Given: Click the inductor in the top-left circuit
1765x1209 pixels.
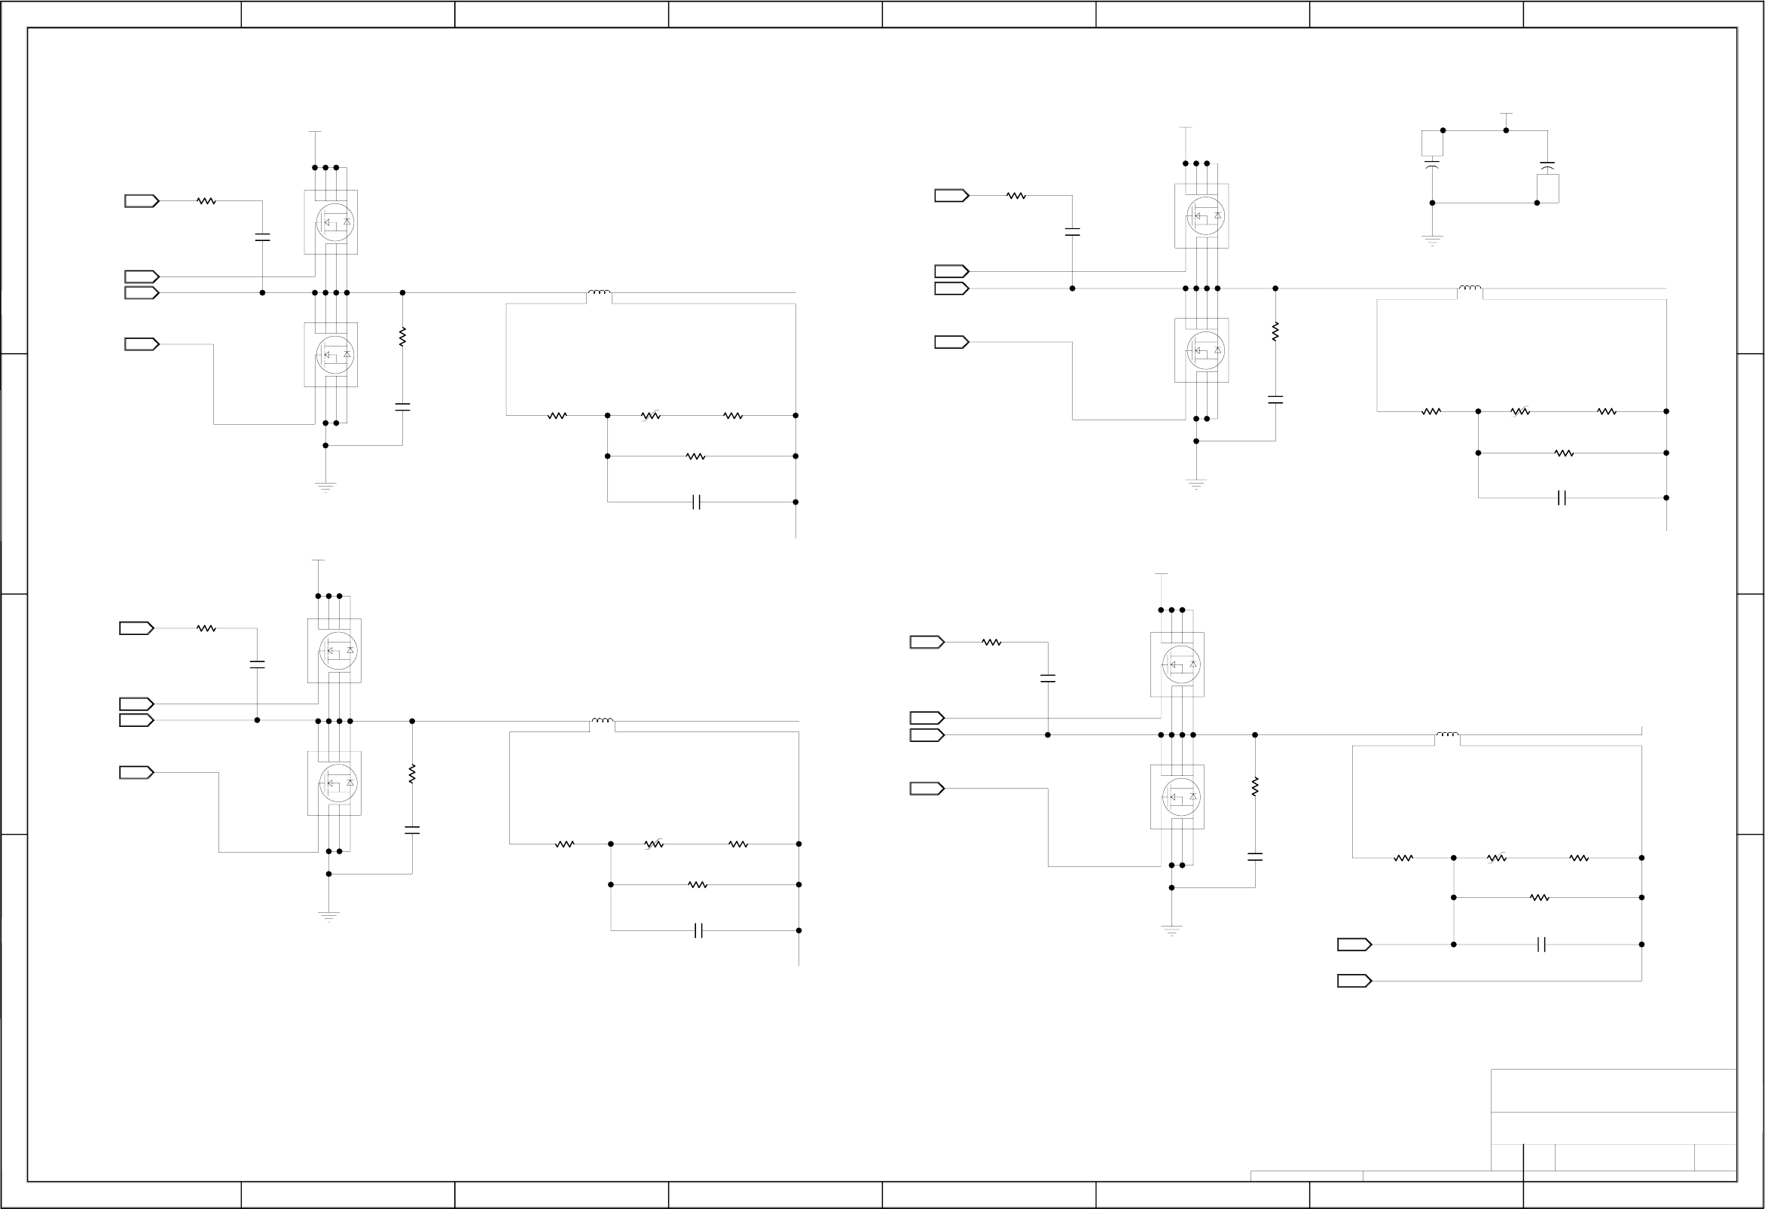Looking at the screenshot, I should pos(598,292).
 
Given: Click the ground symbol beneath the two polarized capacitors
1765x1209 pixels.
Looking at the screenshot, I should pos(1431,241).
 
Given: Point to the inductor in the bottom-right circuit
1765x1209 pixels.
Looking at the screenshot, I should pos(1447,734).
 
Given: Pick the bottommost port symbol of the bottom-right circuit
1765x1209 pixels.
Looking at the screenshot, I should pos(1354,982).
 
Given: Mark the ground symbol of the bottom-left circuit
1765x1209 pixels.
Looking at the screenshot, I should pos(329,916).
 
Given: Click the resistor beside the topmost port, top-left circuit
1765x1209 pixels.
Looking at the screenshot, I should pos(206,201).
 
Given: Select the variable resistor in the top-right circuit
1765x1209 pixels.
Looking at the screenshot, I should pos(1519,411).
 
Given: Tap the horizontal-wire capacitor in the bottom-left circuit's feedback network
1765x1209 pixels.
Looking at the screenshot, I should pos(699,930).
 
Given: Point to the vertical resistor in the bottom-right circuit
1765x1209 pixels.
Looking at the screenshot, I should pos(1255,786).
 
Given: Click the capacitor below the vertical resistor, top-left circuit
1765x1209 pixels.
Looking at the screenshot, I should pos(402,407).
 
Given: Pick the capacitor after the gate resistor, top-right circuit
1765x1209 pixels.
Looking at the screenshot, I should pos(1073,232).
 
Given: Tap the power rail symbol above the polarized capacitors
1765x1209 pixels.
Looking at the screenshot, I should pos(1506,114).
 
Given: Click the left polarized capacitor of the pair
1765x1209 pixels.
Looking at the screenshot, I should pos(1432,163).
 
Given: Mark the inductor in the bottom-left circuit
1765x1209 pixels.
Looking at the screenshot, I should pos(602,721).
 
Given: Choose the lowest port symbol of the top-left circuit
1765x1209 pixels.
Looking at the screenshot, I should pos(142,344).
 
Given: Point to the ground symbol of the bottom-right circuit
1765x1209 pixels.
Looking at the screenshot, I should pos(1172,930).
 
